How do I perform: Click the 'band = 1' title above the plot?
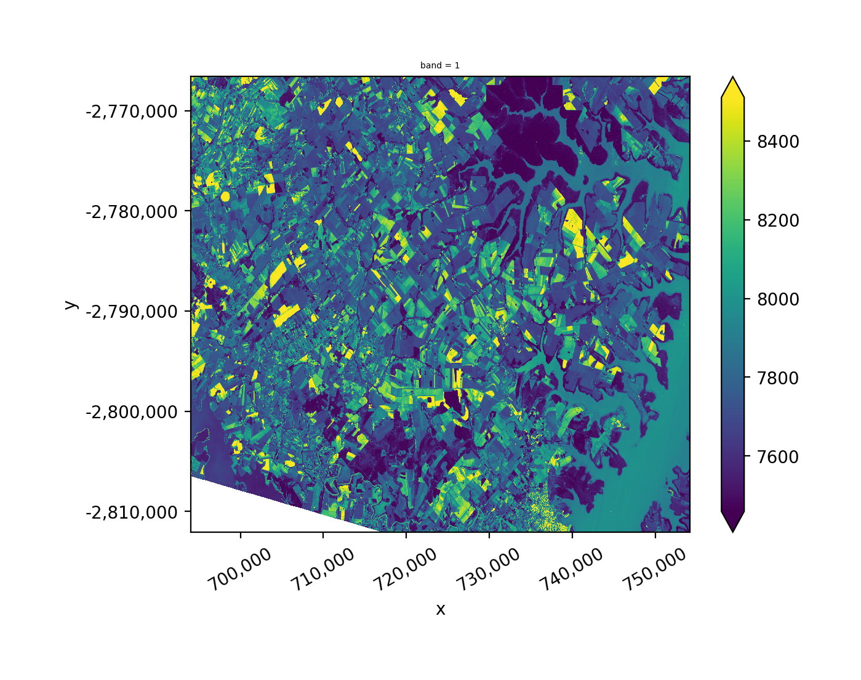click(x=439, y=65)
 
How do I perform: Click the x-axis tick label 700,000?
click(x=239, y=570)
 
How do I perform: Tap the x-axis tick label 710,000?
click(x=322, y=570)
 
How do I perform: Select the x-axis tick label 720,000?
click(x=405, y=570)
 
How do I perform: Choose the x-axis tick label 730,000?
click(x=488, y=570)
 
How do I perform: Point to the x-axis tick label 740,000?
click(x=571, y=570)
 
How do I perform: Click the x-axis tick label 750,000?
click(x=654, y=570)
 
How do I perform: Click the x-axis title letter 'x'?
click(x=440, y=610)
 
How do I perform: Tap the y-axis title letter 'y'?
click(x=70, y=304)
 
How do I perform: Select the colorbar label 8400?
click(x=778, y=142)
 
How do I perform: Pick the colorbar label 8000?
click(x=778, y=299)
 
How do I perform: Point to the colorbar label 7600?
click(x=778, y=457)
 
